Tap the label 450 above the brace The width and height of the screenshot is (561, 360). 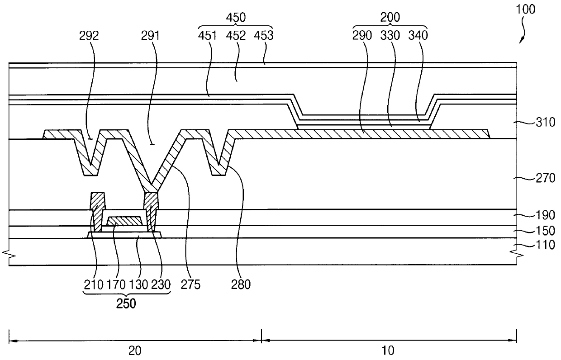[x=236, y=18]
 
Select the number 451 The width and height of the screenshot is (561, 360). [x=208, y=35]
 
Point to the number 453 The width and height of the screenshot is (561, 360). [x=264, y=35]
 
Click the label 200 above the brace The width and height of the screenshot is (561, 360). [x=390, y=18]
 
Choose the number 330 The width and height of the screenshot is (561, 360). [x=390, y=35]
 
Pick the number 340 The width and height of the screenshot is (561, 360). [x=418, y=35]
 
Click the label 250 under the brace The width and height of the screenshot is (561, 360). [x=126, y=304]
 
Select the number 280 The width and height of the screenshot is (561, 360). [x=241, y=284]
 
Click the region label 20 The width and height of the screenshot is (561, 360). [x=134, y=350]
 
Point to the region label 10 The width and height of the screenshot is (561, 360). [x=389, y=350]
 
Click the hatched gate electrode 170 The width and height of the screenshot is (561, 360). [x=124, y=221]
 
